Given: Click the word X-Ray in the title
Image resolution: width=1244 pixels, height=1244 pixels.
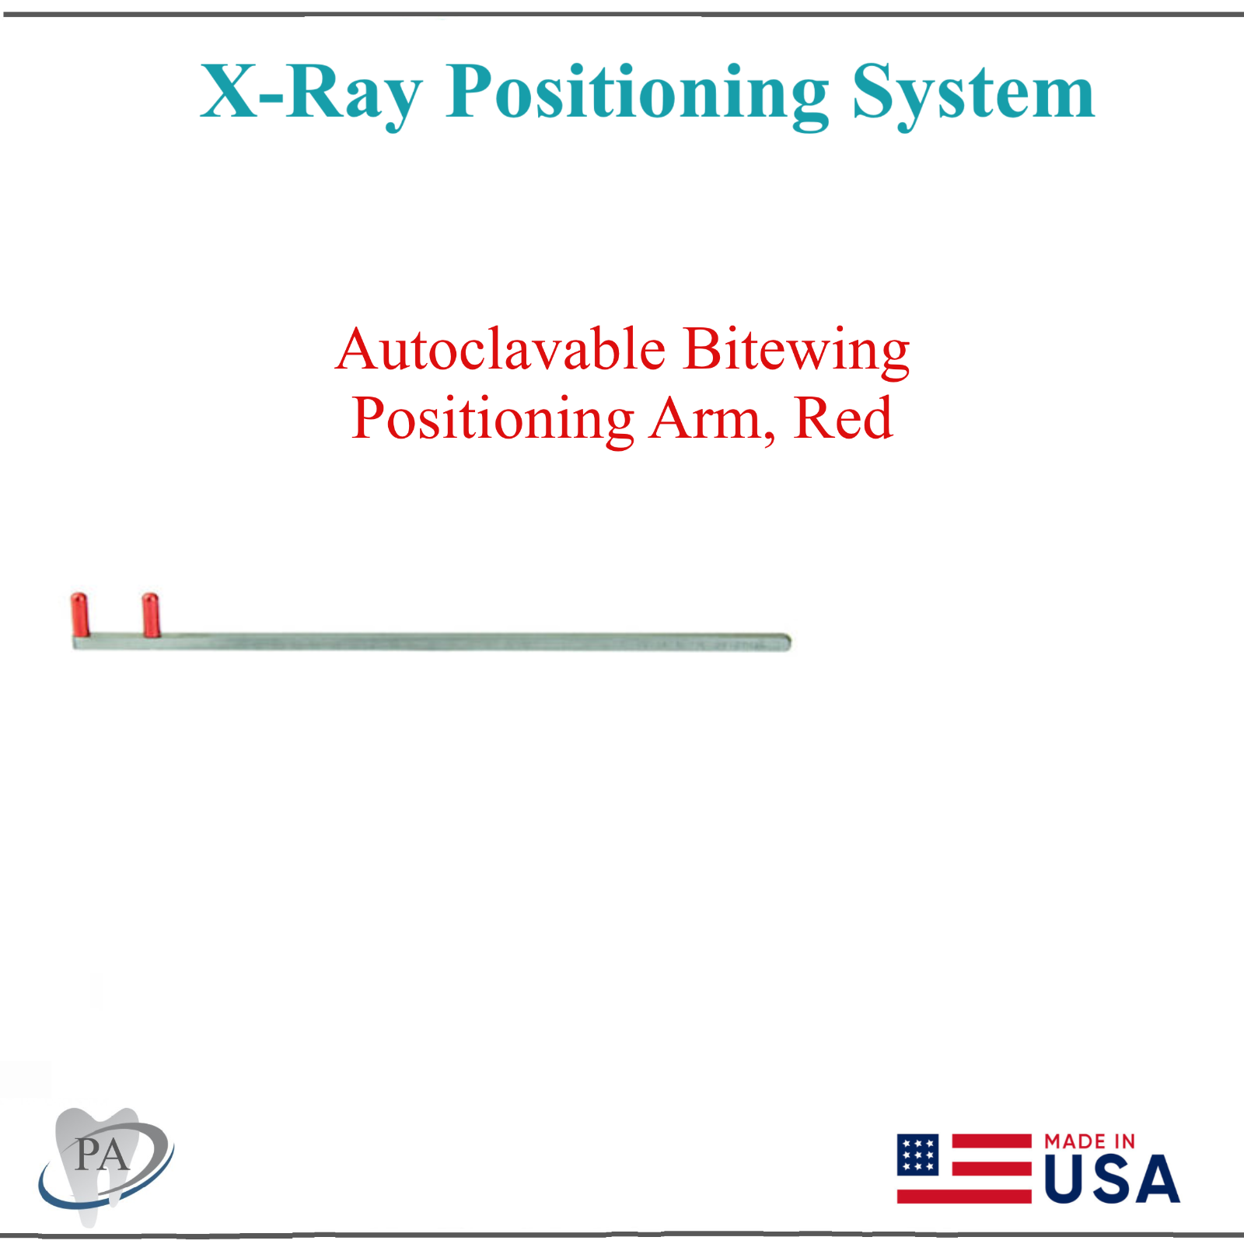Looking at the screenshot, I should click(x=311, y=93).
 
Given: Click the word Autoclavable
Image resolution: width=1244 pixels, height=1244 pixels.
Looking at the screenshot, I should click(x=501, y=350).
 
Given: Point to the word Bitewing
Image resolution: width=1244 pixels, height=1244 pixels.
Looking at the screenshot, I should click(x=796, y=350).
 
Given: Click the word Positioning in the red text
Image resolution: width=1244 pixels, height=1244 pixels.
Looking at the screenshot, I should click(x=493, y=420).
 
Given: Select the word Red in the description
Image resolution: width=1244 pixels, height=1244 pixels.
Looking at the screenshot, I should click(x=844, y=420).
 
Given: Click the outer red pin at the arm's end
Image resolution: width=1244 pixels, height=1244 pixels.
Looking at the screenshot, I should click(x=79, y=614).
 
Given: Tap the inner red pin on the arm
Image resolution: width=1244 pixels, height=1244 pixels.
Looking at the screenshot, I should click(x=151, y=614).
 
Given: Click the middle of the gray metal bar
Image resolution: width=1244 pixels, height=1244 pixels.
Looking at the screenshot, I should click(x=432, y=641).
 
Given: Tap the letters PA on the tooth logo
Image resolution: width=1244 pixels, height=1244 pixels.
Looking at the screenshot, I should click(x=102, y=1155).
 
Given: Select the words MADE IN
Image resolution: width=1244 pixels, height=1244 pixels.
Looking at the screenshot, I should click(x=1089, y=1141).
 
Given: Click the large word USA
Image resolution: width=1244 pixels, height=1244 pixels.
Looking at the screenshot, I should click(x=1112, y=1179).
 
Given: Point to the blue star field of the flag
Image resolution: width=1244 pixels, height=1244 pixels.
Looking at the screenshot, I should click(x=918, y=1155).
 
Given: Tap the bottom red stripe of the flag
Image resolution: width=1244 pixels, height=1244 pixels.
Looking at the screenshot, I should click(x=964, y=1196).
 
